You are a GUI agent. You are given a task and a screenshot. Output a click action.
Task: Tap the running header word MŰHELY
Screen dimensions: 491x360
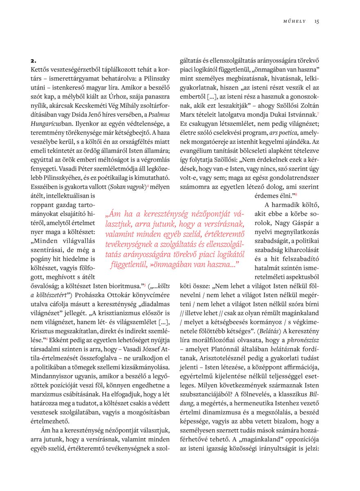click(295, 21)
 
